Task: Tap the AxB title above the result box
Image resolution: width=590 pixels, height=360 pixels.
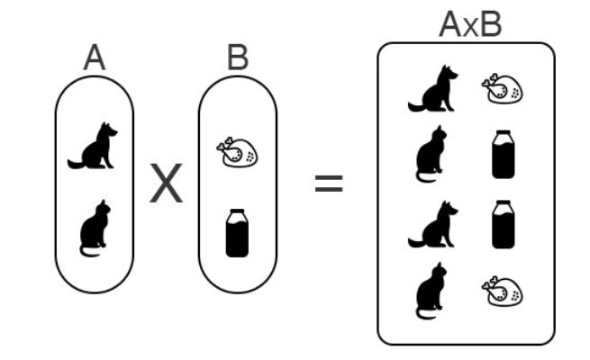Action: [469, 24]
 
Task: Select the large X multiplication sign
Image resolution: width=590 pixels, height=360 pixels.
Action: [166, 184]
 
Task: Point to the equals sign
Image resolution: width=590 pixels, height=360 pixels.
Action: [328, 184]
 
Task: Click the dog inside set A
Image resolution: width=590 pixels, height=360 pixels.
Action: [95, 147]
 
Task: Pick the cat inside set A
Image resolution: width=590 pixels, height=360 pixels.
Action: [93, 227]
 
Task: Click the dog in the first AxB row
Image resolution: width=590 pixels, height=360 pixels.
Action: [434, 91]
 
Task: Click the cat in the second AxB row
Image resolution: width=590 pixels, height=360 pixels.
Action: [431, 154]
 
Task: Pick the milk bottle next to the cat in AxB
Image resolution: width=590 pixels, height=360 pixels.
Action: [504, 154]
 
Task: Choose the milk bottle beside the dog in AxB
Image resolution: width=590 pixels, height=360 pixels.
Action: [504, 224]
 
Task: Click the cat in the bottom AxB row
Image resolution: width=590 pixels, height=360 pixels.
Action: [431, 290]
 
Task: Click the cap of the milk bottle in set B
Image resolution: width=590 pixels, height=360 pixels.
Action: [237, 212]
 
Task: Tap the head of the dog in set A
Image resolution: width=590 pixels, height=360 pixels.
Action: [109, 131]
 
